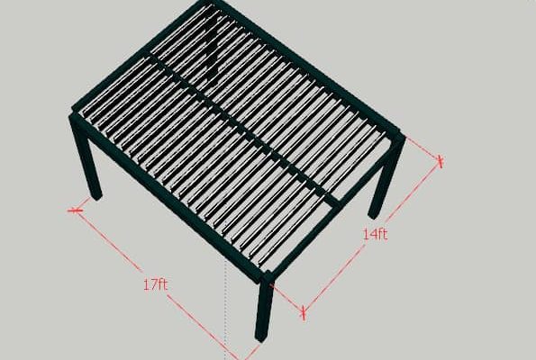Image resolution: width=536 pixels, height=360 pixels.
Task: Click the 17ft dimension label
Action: click(x=156, y=284)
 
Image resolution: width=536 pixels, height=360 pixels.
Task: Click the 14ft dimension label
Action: click(x=375, y=234)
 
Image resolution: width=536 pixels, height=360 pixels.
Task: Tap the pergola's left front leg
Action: click(x=86, y=157)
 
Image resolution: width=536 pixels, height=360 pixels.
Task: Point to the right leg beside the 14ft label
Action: click(x=386, y=177)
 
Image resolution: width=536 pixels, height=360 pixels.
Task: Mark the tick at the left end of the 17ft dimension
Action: click(x=75, y=211)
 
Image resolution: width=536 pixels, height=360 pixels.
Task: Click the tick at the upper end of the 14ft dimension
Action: click(x=441, y=162)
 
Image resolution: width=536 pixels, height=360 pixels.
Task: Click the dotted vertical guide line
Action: click(x=225, y=309)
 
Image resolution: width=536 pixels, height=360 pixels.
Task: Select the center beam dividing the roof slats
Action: click(x=240, y=126)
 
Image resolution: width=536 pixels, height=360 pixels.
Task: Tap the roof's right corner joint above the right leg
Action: click(x=399, y=135)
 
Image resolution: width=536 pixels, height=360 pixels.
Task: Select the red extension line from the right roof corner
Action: click(x=423, y=148)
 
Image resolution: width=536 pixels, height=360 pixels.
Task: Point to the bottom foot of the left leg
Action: click(x=96, y=195)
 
